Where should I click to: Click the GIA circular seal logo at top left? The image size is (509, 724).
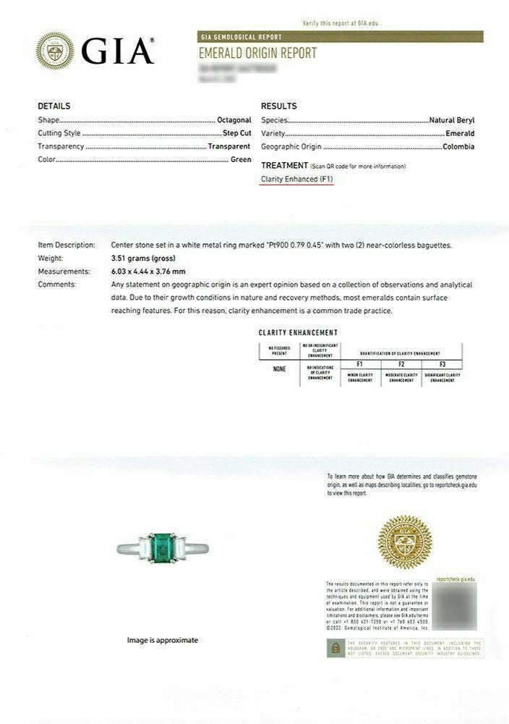point(55,51)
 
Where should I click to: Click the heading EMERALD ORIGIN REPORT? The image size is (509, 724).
point(257,54)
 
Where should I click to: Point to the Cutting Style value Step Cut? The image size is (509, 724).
point(236,133)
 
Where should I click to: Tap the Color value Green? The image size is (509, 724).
point(241,159)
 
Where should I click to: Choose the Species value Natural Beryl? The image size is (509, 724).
point(452,120)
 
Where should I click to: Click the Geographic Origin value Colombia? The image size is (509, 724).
point(458,146)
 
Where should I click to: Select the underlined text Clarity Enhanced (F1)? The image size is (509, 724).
point(297,179)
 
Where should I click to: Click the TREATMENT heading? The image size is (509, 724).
point(285,166)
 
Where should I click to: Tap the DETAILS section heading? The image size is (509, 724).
point(54,106)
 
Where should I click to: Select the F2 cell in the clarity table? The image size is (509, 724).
point(401,363)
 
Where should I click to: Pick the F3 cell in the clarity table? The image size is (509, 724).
point(442,363)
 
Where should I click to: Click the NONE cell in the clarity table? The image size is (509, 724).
point(279,369)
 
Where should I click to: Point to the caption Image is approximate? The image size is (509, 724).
point(163,640)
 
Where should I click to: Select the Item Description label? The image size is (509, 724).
point(67,245)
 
